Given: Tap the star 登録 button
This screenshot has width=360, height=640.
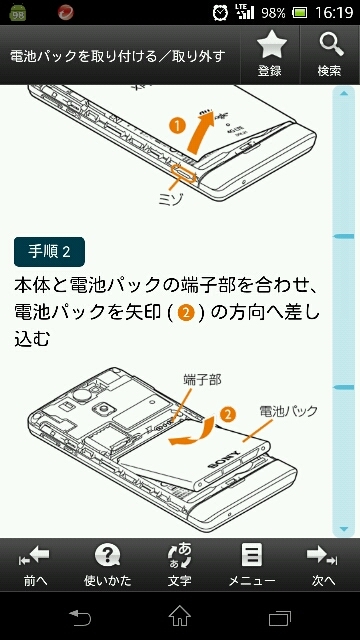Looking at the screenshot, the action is coord(269,54).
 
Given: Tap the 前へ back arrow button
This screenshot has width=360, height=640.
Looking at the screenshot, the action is coord(36,565).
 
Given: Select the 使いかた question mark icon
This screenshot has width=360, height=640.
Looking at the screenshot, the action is coord(107,556).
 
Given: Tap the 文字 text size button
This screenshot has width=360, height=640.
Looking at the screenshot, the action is coord(180,565).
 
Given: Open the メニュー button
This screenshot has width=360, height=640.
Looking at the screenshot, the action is coord(251,565).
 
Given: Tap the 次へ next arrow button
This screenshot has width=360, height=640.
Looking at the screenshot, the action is coord(323,565).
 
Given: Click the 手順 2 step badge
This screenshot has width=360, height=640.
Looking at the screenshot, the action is coord(49,252).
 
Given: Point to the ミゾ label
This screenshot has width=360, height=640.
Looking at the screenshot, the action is coord(171,199).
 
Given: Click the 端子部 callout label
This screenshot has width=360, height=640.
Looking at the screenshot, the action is coord(202,380).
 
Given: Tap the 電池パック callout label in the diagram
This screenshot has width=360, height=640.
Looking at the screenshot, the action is coord(289,411).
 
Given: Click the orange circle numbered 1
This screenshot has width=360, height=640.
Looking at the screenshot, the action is coord(176,127).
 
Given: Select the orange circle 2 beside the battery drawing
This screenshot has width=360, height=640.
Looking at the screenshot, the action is coord(228,414).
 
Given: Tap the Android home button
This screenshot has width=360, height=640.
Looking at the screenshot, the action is coord(180,616).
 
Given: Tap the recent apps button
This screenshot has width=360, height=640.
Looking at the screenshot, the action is coord(280,618).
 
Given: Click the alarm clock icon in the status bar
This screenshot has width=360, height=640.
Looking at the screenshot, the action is coord(221,12).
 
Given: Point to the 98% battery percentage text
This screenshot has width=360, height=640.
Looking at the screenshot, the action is coord(273,13).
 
